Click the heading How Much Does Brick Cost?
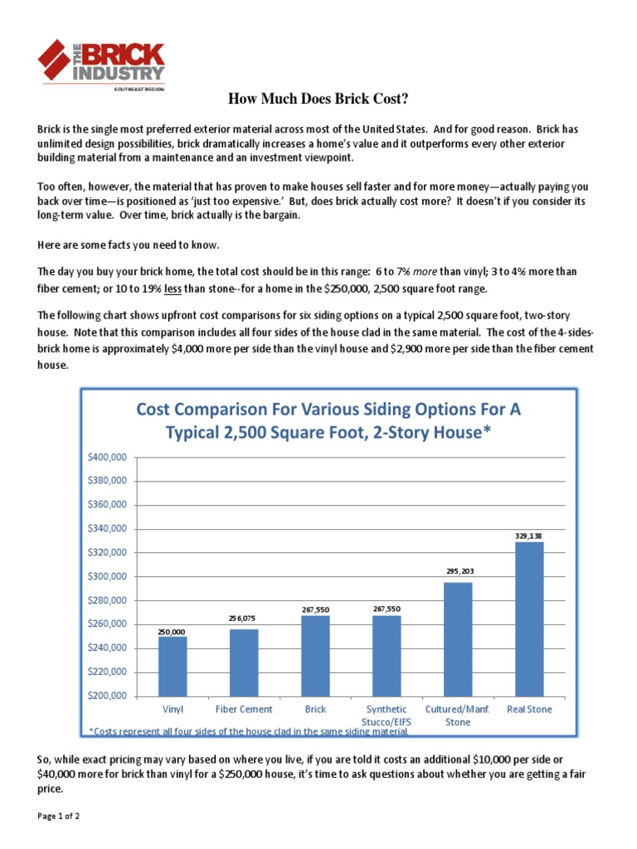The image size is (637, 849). (x=318, y=100)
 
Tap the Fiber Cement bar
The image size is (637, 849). (x=244, y=662)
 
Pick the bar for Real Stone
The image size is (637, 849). (x=529, y=619)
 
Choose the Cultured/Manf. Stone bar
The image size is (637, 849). (x=458, y=638)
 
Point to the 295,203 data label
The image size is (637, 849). (x=458, y=571)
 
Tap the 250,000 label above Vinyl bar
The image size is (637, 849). (x=173, y=632)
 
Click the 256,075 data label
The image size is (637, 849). (x=244, y=619)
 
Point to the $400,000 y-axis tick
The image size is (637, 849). (x=107, y=457)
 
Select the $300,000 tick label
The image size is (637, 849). (x=107, y=576)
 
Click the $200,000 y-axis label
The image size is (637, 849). (x=107, y=696)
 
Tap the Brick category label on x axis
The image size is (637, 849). (x=315, y=710)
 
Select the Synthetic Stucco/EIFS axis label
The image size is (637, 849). (x=387, y=716)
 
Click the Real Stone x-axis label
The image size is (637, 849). (x=529, y=710)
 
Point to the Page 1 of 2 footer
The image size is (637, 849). (x=58, y=817)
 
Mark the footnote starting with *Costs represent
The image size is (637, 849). (x=248, y=730)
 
